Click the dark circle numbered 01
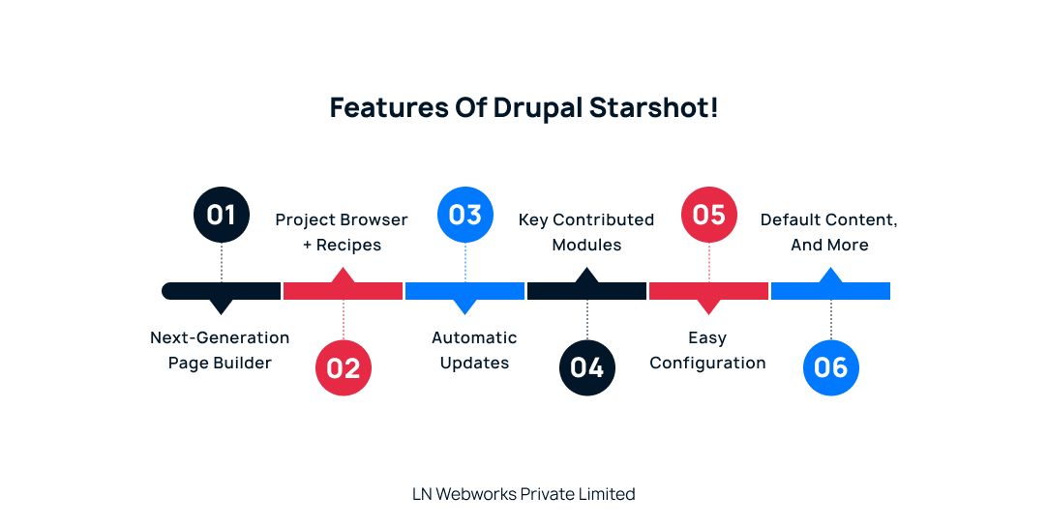pyautogui.click(x=222, y=214)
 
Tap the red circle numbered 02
pyautogui.click(x=344, y=367)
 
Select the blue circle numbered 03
pyautogui.click(x=465, y=214)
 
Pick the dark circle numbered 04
pyautogui.click(x=587, y=367)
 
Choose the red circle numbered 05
pyautogui.click(x=709, y=214)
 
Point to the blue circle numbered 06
pyautogui.click(x=831, y=367)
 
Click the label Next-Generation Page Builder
pyautogui.click(x=220, y=350)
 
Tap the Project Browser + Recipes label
pyautogui.click(x=342, y=232)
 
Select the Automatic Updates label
pyautogui.click(x=474, y=350)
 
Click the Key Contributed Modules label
pyautogui.click(x=586, y=232)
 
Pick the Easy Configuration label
pyautogui.click(x=707, y=350)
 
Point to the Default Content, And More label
pyautogui.click(x=829, y=232)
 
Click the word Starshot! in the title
pyautogui.click(x=653, y=107)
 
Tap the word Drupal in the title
pyautogui.click(x=537, y=107)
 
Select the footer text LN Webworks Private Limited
pyautogui.click(x=524, y=494)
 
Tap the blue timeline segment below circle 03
pyautogui.click(x=465, y=290)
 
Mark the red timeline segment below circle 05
pyautogui.click(x=709, y=290)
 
